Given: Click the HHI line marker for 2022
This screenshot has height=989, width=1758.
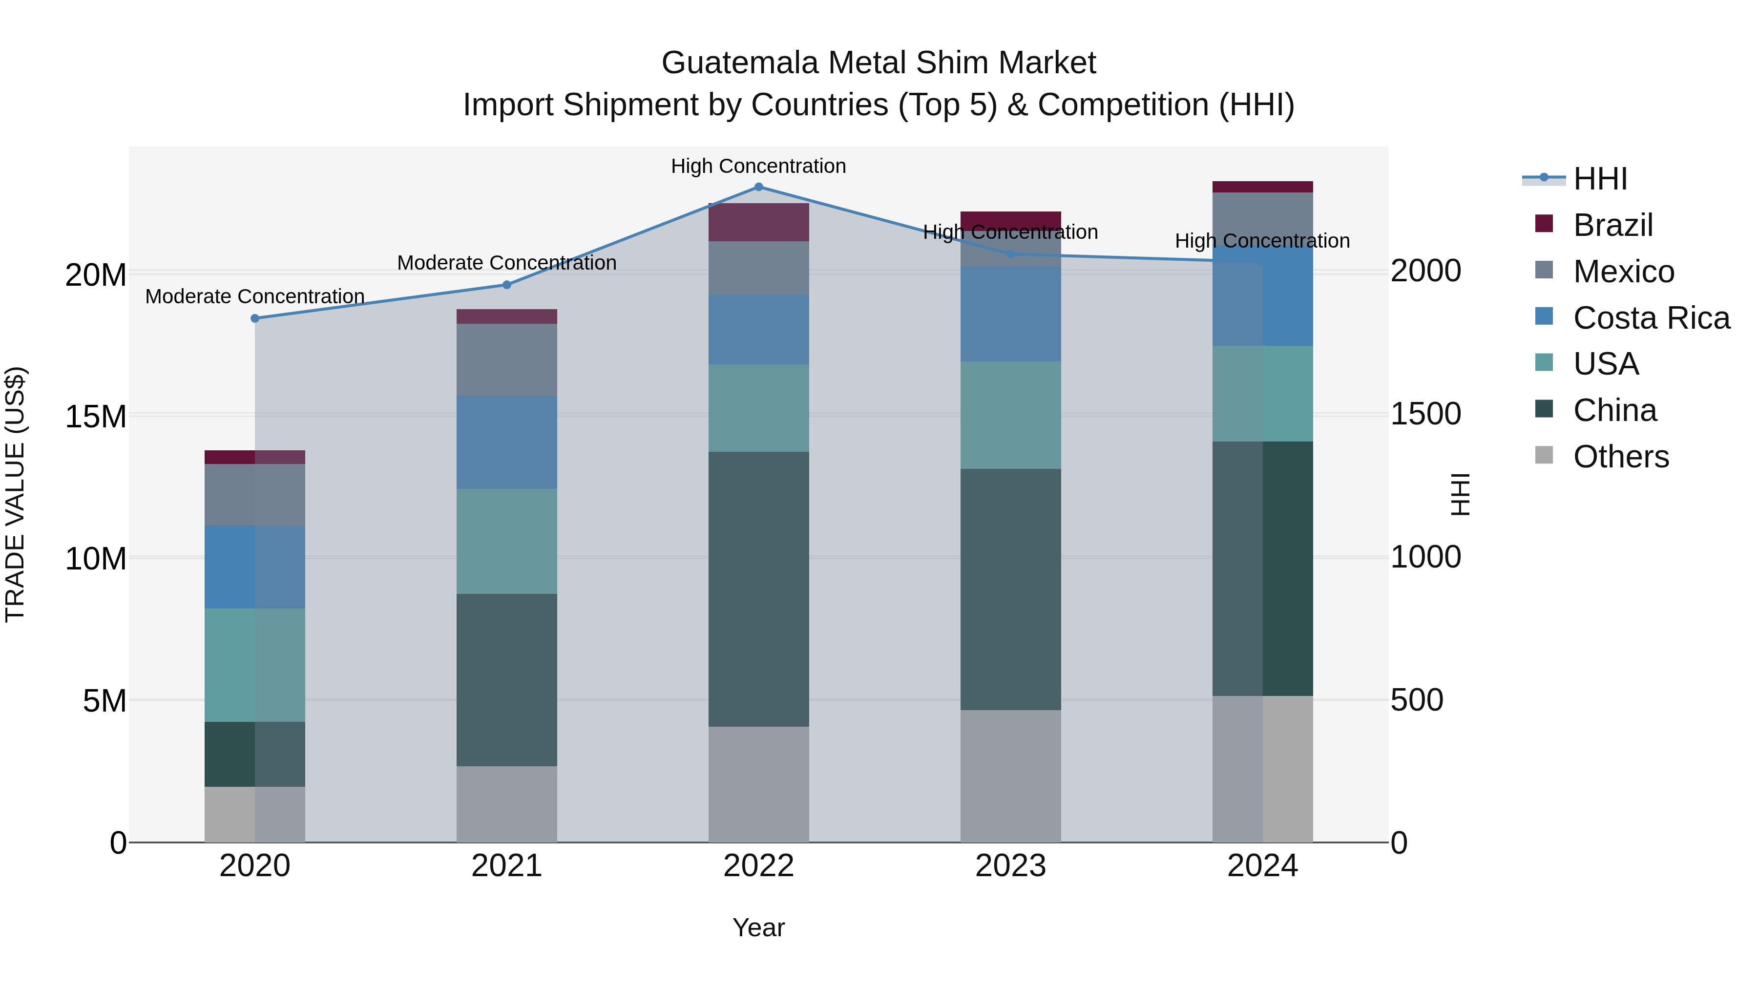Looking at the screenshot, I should [x=758, y=187].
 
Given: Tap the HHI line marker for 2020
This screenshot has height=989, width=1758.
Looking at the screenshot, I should [x=254, y=318].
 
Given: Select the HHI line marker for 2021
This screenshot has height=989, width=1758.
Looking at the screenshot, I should [x=506, y=285].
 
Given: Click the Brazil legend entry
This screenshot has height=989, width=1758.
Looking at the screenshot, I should [x=1612, y=225].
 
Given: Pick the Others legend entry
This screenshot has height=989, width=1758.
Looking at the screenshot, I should [x=1620, y=457].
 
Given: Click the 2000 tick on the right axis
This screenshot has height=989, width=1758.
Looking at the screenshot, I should [x=1425, y=271].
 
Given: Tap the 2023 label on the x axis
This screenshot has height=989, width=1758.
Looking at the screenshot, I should [x=1010, y=866].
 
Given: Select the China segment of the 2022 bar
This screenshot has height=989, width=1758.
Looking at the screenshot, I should [x=758, y=589].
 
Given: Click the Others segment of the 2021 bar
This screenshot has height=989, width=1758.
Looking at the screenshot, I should [x=506, y=803].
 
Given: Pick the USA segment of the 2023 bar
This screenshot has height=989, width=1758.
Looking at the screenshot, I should [x=1010, y=415].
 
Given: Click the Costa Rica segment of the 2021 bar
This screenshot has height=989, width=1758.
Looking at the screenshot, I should [x=506, y=442].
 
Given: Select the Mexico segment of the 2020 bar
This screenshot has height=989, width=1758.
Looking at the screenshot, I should [x=254, y=495].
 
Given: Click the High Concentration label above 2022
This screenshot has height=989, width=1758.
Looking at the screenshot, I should [x=758, y=166].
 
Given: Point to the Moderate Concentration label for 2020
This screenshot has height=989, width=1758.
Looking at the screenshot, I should [x=254, y=296].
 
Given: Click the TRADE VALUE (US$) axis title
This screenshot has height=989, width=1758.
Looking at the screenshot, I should [x=15, y=494].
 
